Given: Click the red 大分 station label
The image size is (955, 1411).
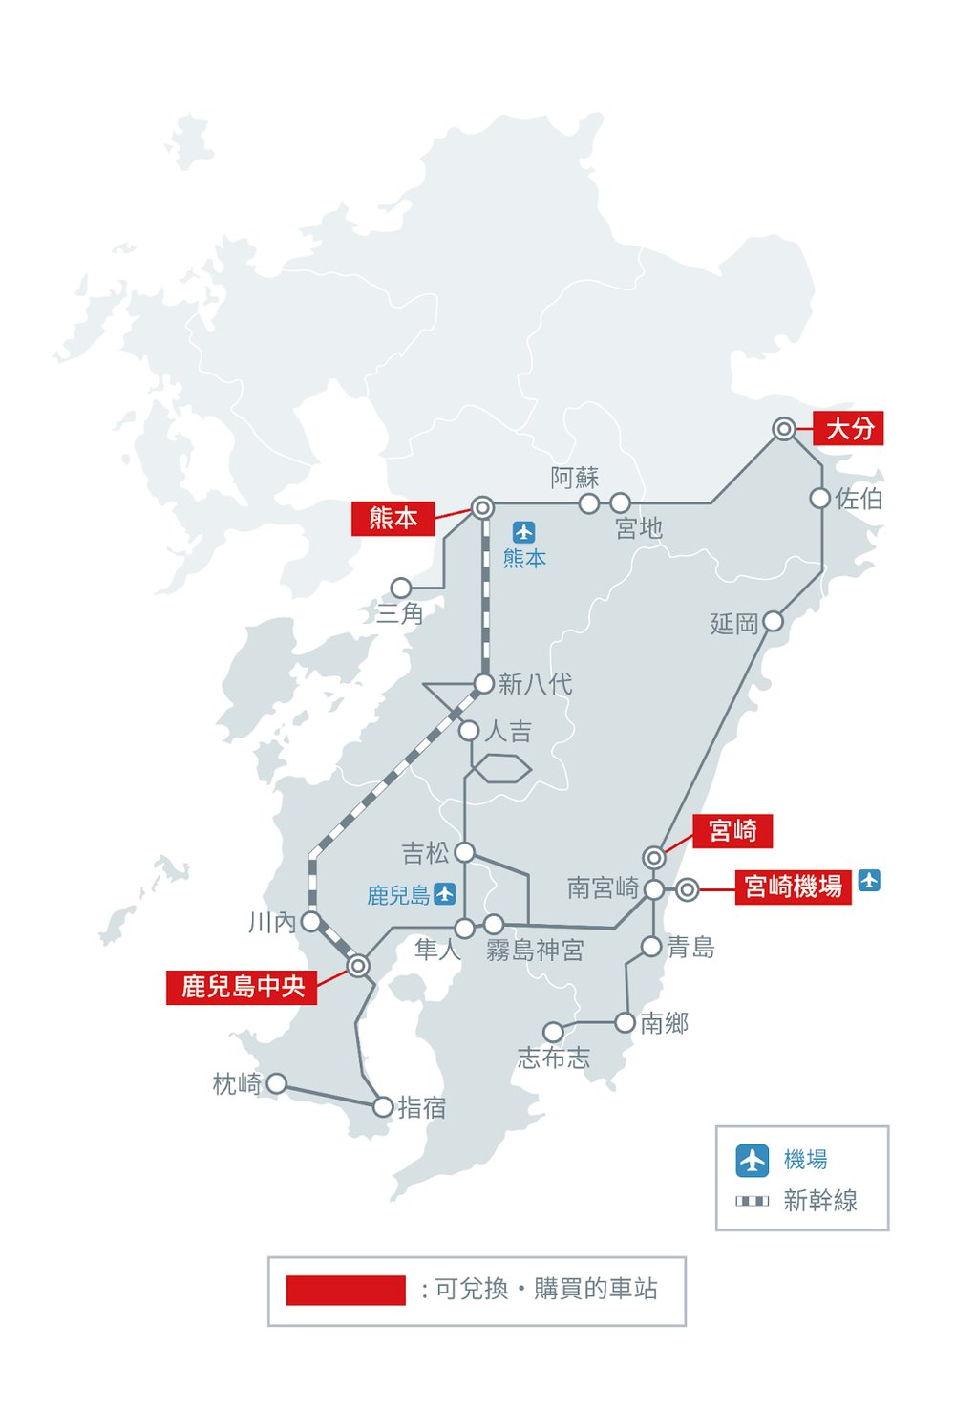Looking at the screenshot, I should point(848,428).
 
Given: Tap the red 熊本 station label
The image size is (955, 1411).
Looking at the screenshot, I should point(393,518).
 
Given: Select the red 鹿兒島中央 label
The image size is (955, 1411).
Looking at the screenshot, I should point(243,986).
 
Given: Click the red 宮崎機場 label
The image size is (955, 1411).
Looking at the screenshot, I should point(793,887).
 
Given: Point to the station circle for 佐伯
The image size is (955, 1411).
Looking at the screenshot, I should point(819,498).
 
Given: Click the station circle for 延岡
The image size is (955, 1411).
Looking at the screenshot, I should point(773,622).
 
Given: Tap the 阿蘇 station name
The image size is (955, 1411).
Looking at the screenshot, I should point(574,478).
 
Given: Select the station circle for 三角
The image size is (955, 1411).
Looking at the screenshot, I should point(401,588).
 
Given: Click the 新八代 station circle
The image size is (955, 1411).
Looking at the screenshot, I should point(483,683).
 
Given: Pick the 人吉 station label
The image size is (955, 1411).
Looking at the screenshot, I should point(508,732).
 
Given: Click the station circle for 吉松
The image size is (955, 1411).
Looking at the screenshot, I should point(464,851).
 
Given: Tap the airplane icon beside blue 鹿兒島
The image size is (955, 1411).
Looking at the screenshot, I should point(445,894).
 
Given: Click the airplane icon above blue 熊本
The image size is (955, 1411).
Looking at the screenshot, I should point(523,532).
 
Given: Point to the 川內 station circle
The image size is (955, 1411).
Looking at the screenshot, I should point(311,922).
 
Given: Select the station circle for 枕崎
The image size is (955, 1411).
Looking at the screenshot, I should point(276,1083).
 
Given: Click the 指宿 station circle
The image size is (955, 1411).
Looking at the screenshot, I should point(382,1107).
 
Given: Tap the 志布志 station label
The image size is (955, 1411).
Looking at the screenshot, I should point(553,1058).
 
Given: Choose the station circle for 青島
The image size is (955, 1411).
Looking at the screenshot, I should point(651,947).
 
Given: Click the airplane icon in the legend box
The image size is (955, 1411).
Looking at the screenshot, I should point(753,1160).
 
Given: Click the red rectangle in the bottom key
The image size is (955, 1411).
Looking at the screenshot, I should point(346,1290).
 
